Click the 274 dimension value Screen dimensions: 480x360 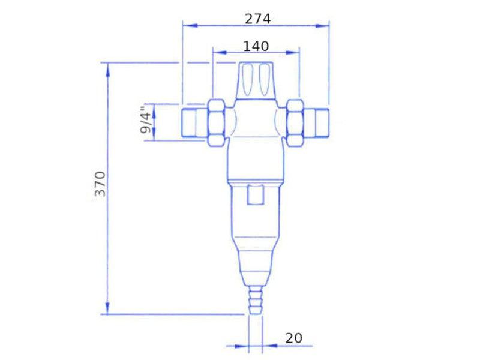pyautogui.click(x=258, y=19)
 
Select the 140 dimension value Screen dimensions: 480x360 pyautogui.click(x=256, y=46)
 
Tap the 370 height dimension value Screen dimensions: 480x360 pyautogui.click(x=100, y=184)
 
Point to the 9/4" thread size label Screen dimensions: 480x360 pyautogui.click(x=146, y=119)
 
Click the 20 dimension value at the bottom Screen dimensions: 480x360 pyautogui.click(x=294, y=338)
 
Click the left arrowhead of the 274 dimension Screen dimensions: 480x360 pyautogui.click(x=190, y=26)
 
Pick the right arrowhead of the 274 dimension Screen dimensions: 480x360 pyautogui.click(x=322, y=26)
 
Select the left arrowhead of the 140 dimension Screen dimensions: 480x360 pyautogui.click(x=220, y=52)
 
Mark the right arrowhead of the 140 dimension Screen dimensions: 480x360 pyautogui.click(x=292, y=52)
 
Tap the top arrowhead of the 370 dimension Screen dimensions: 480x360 pyautogui.click(x=107, y=70)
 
